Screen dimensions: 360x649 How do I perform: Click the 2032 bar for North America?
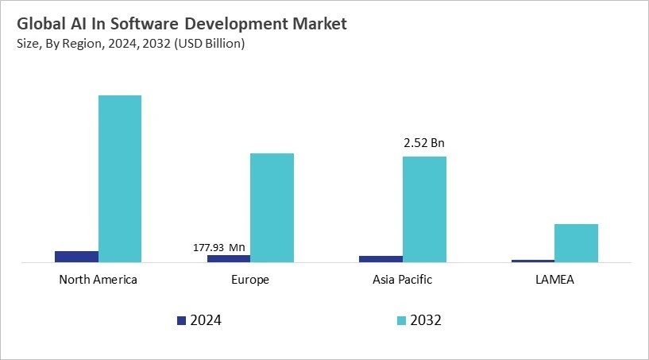coord(120,179)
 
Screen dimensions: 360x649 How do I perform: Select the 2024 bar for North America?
coord(76,257)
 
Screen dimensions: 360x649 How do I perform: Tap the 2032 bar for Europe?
coord(272,207)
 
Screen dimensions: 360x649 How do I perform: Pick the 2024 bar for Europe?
coord(229,258)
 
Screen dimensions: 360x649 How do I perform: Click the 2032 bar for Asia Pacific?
coord(424,209)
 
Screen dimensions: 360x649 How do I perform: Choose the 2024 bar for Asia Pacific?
coord(381,259)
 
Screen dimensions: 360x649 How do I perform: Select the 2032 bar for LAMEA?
coord(576,243)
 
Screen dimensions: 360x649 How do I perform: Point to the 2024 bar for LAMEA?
coord(533,261)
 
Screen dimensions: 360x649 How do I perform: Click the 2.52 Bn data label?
coord(424,144)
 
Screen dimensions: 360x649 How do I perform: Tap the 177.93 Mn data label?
coord(219,247)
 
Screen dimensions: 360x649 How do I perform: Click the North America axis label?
coord(98,280)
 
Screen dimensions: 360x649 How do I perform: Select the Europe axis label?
coord(250,280)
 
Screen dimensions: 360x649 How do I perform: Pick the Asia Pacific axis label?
coord(402,280)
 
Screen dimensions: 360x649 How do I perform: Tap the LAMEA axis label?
coord(554,280)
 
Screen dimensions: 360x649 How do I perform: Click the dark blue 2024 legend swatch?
coord(181,320)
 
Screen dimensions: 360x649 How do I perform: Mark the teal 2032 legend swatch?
coord(401,320)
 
